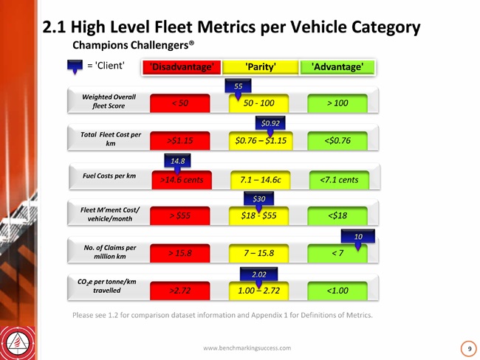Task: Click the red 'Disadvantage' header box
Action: coord(182,67)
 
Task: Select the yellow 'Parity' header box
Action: coord(260,67)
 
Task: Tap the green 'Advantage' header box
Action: coord(337,67)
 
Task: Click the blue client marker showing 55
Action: coord(239,87)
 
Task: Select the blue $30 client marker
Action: coord(258,198)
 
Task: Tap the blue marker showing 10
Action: coord(358,236)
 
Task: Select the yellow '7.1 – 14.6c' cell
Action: coord(260,179)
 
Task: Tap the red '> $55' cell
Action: coord(182,215)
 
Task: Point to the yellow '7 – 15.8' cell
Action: coord(260,253)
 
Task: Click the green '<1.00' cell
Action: coord(337,291)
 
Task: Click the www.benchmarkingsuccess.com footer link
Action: coord(247,347)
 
